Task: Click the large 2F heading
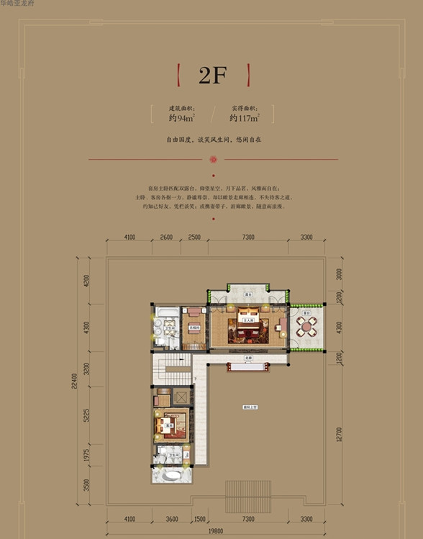[212, 75]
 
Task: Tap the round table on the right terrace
[307, 328]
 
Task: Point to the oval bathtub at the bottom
[173, 476]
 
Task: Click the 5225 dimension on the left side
[86, 420]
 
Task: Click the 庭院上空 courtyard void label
[250, 407]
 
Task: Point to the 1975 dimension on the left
[86, 458]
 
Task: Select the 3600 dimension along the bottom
[170, 519]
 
